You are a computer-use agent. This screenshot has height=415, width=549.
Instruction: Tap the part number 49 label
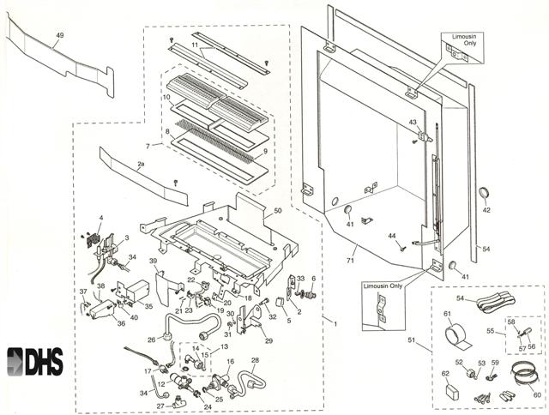pyautogui.click(x=59, y=35)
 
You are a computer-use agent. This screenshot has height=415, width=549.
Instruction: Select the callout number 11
pyautogui.click(x=195, y=42)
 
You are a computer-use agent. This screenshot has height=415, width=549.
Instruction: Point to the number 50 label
pyautogui.click(x=277, y=210)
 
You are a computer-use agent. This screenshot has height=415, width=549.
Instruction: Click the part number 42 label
pyautogui.click(x=486, y=209)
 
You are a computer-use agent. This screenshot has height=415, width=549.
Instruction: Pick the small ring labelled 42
pyautogui.click(x=486, y=191)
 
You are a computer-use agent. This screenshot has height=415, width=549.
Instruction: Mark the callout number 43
pyautogui.click(x=413, y=123)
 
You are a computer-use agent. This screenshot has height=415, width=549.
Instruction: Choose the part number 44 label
pyautogui.click(x=391, y=235)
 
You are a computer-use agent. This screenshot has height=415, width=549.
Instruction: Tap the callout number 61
pyautogui.click(x=447, y=315)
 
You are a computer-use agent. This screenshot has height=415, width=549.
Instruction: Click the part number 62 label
pyautogui.click(x=444, y=374)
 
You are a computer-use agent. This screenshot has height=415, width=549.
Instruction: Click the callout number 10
pyautogui.click(x=167, y=97)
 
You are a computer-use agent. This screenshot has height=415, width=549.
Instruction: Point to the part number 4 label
pyautogui.click(x=100, y=219)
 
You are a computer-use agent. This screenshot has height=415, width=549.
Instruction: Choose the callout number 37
pyautogui.click(x=83, y=292)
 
